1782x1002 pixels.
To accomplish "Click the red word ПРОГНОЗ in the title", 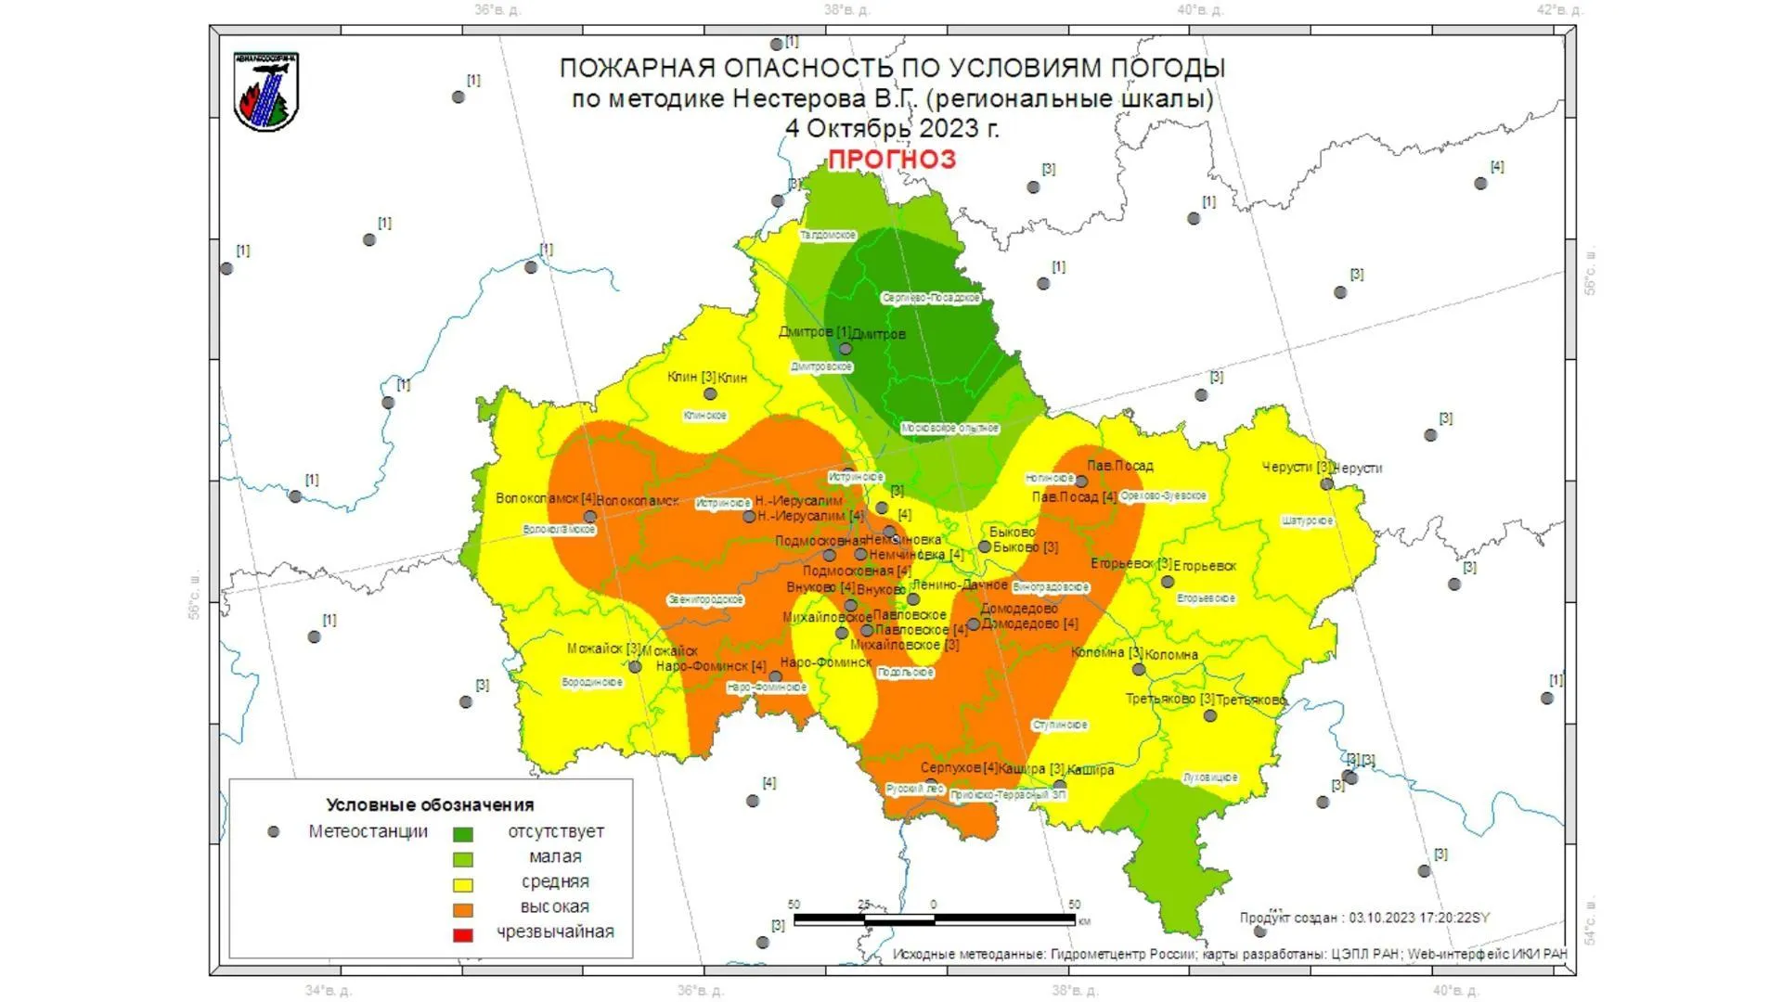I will click(x=891, y=160).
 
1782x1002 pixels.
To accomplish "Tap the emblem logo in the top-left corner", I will click(x=266, y=92).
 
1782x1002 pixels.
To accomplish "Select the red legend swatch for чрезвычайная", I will click(x=462, y=934).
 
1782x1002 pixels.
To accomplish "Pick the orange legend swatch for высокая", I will click(x=462, y=909).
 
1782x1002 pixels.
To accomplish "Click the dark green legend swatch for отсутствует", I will click(x=462, y=834).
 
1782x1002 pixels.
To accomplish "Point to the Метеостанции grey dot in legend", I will click(x=273, y=832).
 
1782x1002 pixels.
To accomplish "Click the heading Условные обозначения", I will click(x=430, y=804).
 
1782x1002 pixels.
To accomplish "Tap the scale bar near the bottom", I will click(x=934, y=919).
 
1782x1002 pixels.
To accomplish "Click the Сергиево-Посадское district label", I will click(x=930, y=298).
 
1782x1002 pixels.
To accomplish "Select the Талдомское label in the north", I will click(x=828, y=236).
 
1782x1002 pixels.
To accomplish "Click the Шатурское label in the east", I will click(x=1307, y=521).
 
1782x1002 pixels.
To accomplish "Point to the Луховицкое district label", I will click(x=1209, y=777).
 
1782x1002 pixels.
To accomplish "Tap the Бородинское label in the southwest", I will click(x=592, y=683).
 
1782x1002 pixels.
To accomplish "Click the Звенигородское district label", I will click(x=705, y=600).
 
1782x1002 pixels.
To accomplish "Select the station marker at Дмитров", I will click(x=846, y=349).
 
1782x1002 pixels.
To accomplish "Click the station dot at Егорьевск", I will click(x=1168, y=582).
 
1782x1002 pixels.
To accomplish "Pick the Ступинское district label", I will click(x=1059, y=725).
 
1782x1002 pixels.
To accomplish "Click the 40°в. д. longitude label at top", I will click(x=1199, y=10).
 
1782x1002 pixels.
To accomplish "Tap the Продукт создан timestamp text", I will click(x=1363, y=918).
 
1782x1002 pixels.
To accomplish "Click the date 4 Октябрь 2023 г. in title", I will click(x=891, y=128).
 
